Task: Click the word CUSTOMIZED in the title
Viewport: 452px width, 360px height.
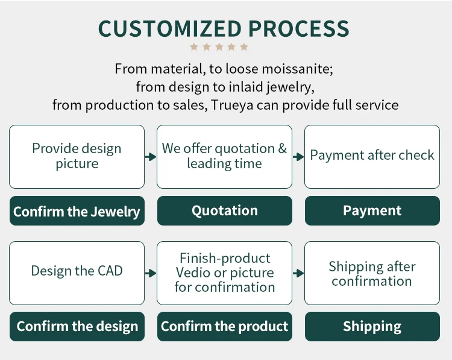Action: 170,28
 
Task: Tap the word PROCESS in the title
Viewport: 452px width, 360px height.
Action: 299,28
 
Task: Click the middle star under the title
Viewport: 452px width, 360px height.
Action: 219,47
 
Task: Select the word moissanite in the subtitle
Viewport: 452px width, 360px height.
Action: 297,69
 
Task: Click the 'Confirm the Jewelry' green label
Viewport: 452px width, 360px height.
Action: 77,211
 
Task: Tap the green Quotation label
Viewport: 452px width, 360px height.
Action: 225,211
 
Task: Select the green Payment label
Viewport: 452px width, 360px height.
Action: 372,211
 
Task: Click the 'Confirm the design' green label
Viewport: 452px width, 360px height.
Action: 77,327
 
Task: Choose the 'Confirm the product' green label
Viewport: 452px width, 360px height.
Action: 225,327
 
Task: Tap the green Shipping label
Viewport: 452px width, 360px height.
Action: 372,327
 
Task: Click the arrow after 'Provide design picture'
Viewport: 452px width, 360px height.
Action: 151,157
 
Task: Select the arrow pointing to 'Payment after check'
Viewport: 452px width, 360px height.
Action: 298,157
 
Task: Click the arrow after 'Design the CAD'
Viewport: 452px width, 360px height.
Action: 151,273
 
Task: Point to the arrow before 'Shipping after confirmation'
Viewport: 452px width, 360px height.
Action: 298,273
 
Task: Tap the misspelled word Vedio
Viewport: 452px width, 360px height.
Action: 193,273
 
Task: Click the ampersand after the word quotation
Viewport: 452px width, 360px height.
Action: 283,148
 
